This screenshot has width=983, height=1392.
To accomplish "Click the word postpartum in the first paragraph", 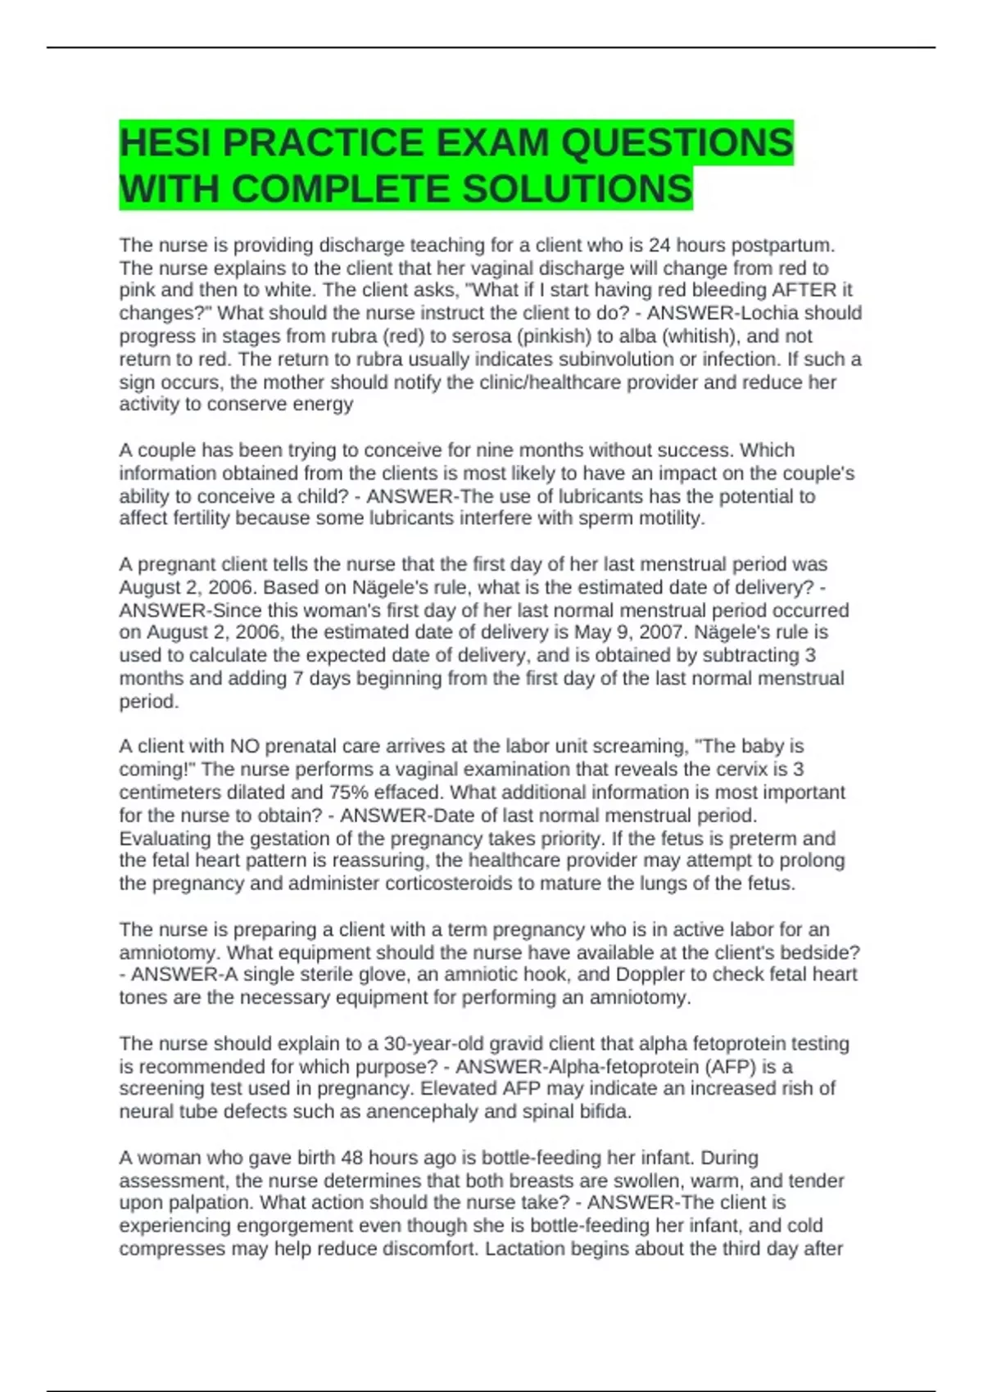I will coord(782,246).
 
